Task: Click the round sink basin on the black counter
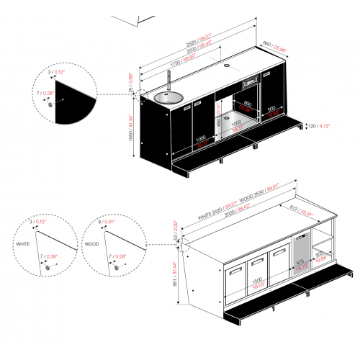click(168, 96)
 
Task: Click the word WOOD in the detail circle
click(92, 245)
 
